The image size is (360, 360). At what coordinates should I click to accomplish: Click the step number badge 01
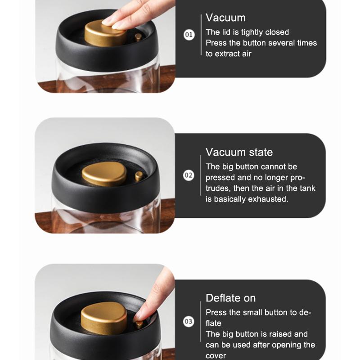click(x=189, y=35)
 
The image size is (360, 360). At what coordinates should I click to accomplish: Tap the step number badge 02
click(x=189, y=175)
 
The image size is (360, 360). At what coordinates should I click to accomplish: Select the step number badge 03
click(x=189, y=321)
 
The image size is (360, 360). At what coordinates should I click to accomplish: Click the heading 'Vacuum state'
click(x=239, y=152)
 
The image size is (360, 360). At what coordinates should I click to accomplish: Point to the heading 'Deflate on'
click(x=230, y=298)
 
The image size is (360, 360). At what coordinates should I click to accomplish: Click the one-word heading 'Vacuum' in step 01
click(x=226, y=18)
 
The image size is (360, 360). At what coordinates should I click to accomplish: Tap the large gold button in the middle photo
click(x=104, y=174)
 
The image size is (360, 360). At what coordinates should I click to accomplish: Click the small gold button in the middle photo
click(x=139, y=176)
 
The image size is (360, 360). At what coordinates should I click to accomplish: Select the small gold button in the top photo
click(x=138, y=37)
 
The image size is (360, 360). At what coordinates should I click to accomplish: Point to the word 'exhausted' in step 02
click(x=267, y=199)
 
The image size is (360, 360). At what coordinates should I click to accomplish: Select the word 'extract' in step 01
click(x=228, y=54)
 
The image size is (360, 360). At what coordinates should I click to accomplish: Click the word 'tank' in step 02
click(x=308, y=188)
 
